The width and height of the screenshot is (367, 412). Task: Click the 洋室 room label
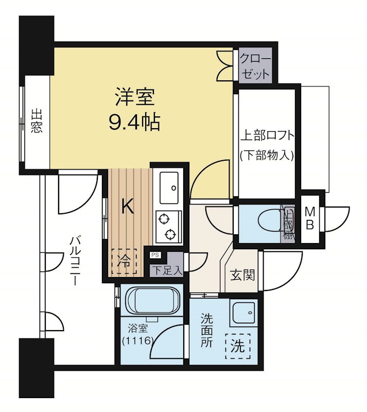point(135,96)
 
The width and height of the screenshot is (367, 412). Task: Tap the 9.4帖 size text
point(134,122)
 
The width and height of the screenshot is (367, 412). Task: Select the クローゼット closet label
point(253,65)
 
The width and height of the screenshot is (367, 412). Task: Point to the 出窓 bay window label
point(36,122)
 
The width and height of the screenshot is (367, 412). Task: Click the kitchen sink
point(168,187)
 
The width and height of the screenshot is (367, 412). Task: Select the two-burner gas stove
point(168,227)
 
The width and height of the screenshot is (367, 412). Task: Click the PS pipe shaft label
point(154,254)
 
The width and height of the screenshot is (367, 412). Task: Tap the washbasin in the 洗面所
point(242,313)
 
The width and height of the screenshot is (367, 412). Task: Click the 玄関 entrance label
point(241,275)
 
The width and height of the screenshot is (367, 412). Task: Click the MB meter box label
point(310,219)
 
